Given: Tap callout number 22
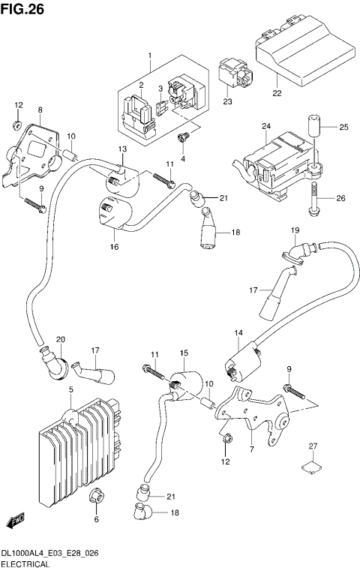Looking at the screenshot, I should pos(277,94).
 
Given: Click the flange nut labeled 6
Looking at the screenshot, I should pos(96,497).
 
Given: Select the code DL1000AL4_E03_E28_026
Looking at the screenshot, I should pos(51,552).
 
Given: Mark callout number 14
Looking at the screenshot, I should pos(238,332).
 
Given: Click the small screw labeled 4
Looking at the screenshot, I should pos(181,137).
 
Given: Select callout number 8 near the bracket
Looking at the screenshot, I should pos(40,110).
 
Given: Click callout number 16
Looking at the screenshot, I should pos(115,245).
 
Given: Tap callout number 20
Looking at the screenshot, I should pos(61,339).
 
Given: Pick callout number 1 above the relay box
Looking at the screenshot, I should pos(149,56).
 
